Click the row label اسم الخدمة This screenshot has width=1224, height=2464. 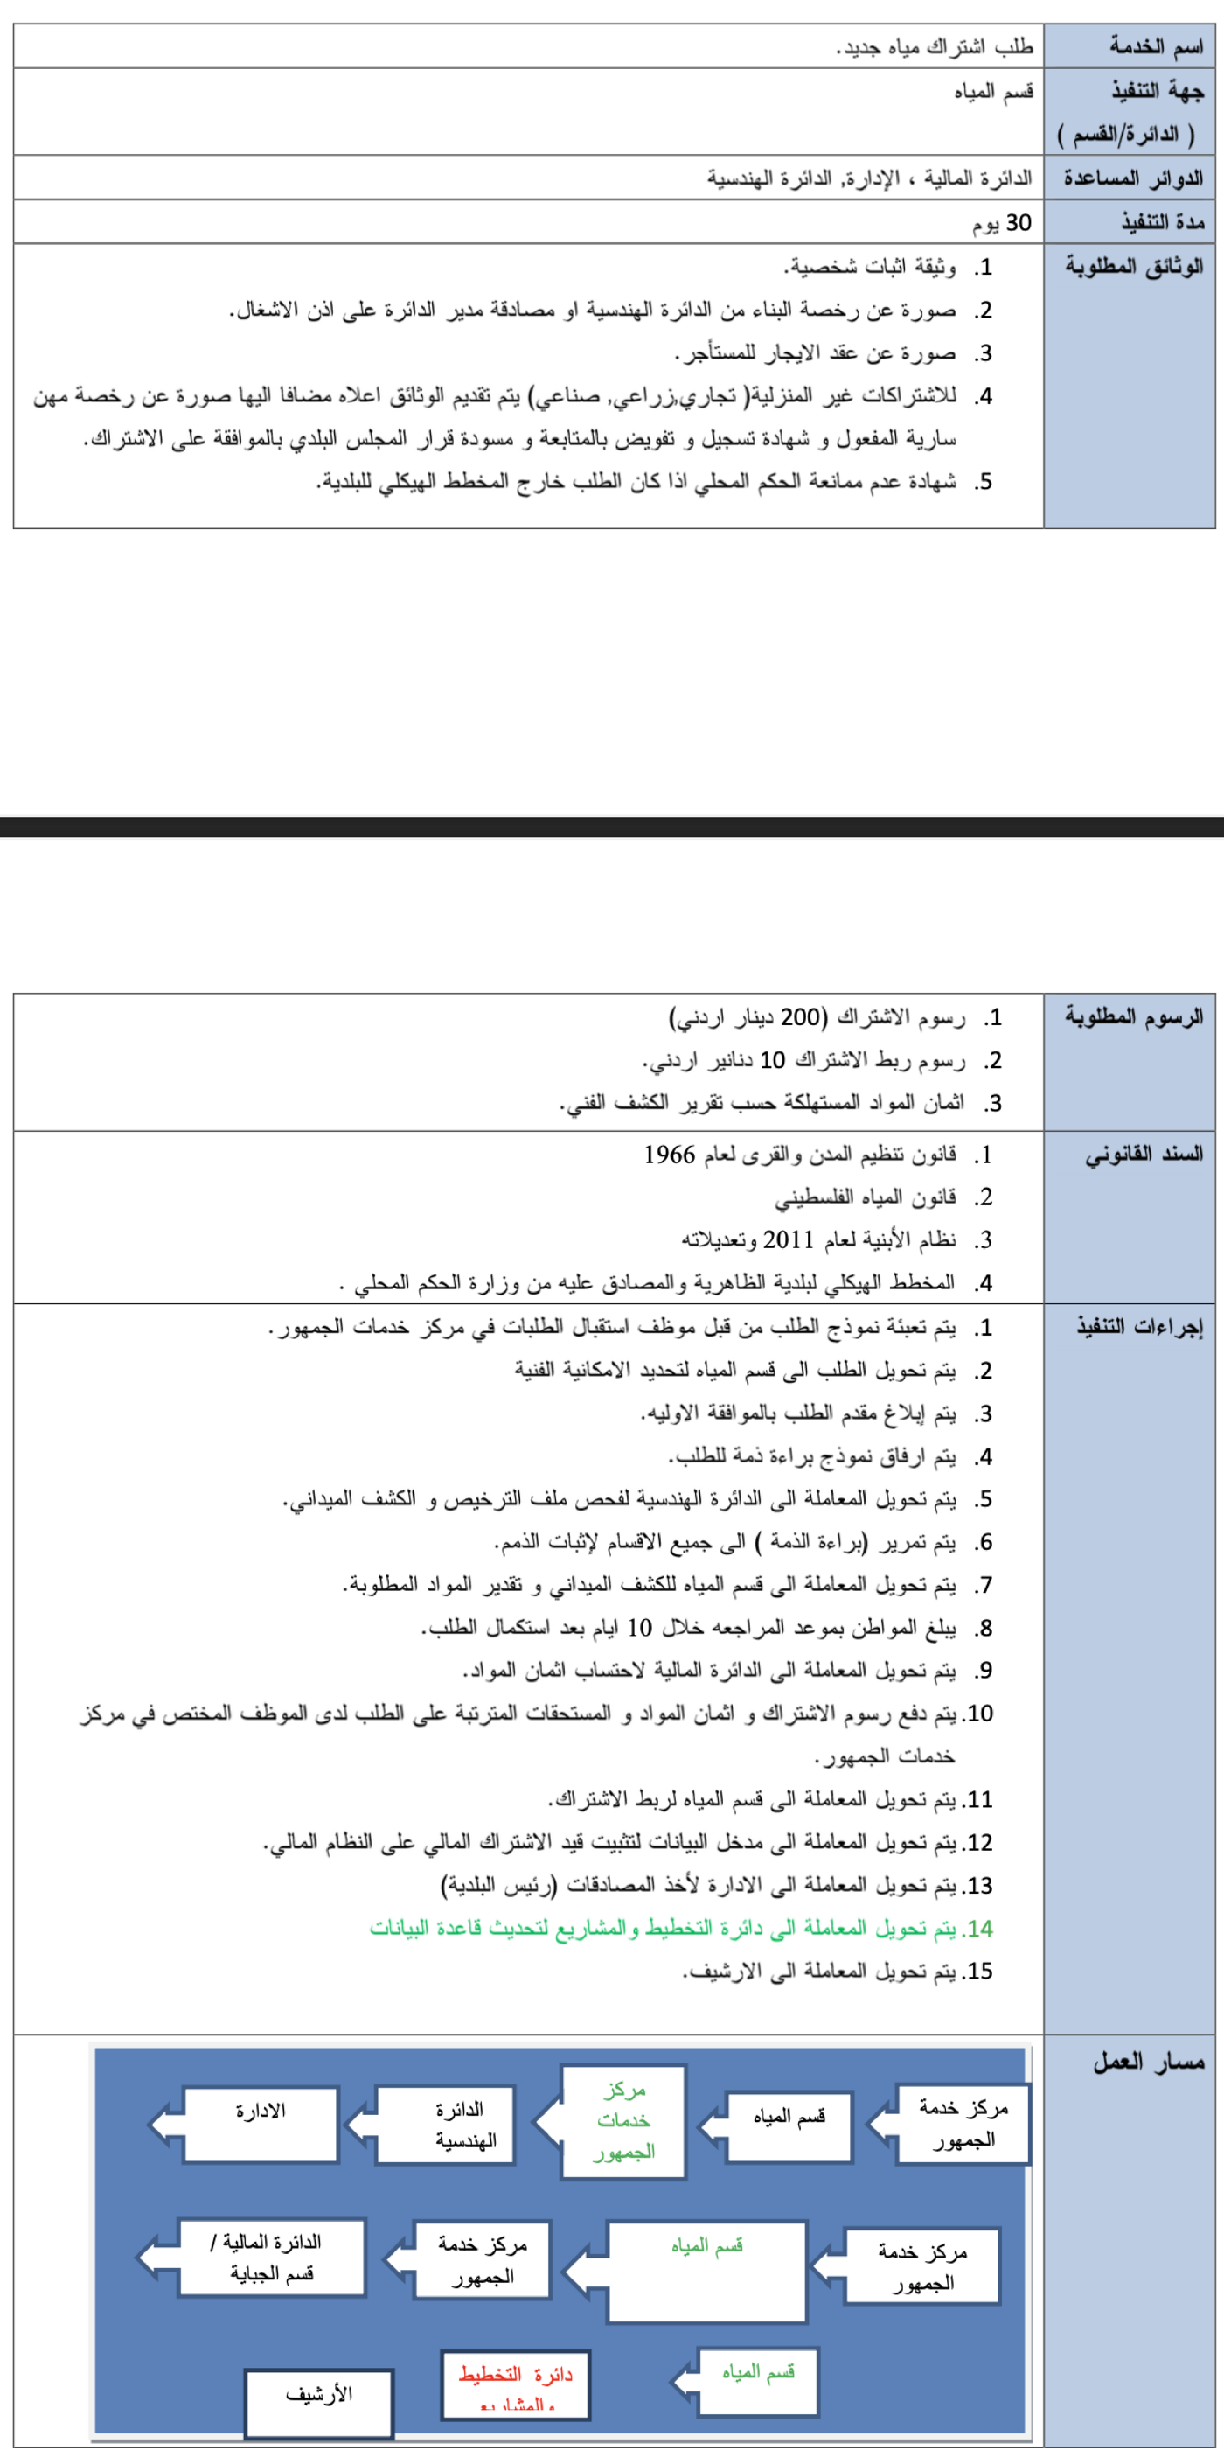click(x=1154, y=45)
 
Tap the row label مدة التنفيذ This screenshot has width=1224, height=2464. click(x=1162, y=223)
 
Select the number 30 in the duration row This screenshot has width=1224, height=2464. click(x=1019, y=223)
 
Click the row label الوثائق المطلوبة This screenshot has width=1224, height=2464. click(x=1134, y=267)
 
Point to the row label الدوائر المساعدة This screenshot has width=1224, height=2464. click(x=1133, y=178)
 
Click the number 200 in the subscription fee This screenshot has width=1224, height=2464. click(x=800, y=1016)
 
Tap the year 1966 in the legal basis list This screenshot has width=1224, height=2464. click(x=670, y=1155)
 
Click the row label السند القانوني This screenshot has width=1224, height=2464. click(x=1144, y=1155)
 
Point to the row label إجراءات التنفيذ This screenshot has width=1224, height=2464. click(x=1139, y=1327)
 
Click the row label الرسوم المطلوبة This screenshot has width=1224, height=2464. click(x=1134, y=1016)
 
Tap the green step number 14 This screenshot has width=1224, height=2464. click(x=979, y=1929)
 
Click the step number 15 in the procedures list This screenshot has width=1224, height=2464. click(x=979, y=1972)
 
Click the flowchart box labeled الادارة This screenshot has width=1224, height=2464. click(x=261, y=2125)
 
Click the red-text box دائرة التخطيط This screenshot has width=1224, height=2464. click(x=516, y=2383)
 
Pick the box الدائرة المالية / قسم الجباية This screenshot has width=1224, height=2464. click(x=272, y=2257)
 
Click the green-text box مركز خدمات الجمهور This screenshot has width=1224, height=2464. click(x=623, y=2120)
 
